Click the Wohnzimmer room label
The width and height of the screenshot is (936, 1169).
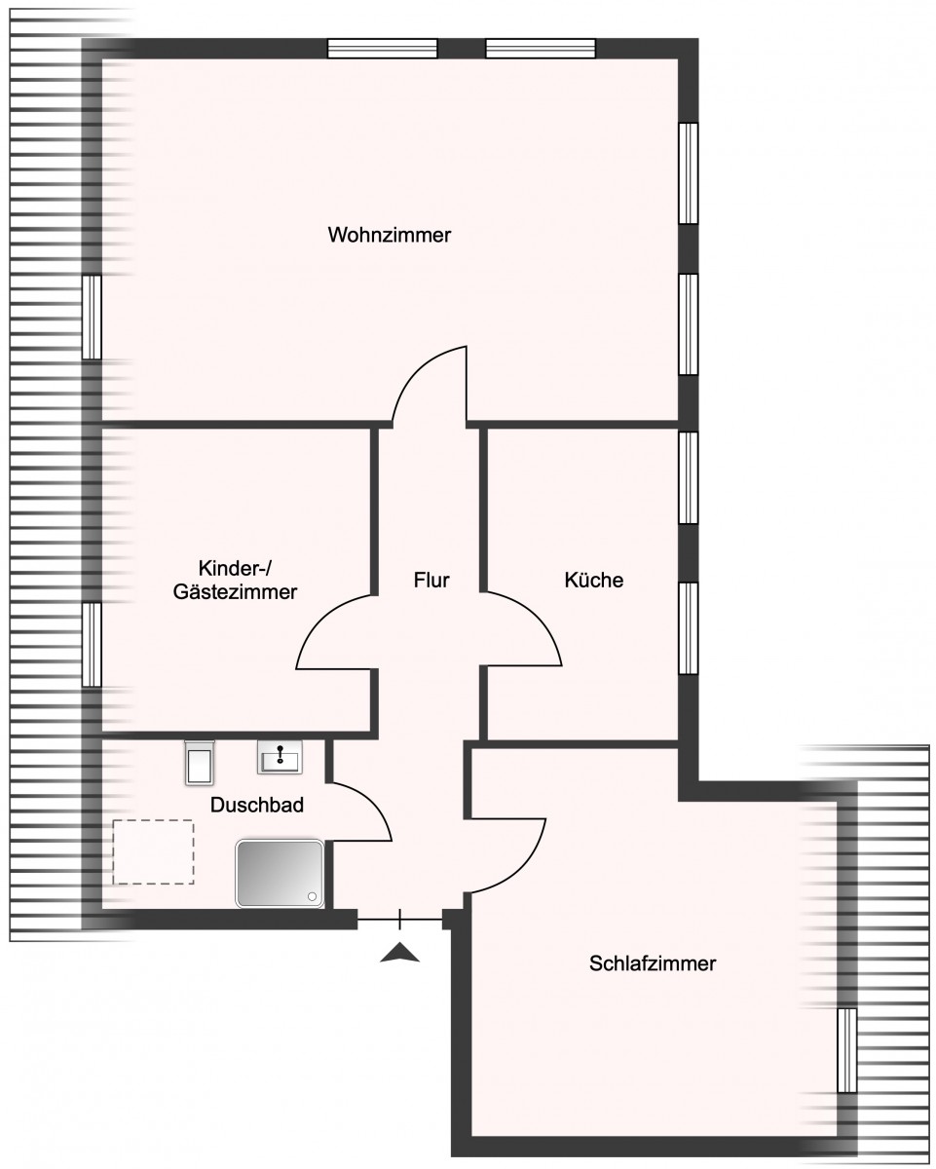(x=389, y=235)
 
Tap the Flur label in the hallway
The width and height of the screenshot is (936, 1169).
(x=431, y=581)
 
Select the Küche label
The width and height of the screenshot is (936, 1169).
(x=594, y=580)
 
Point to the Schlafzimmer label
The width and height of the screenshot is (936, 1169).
(x=653, y=963)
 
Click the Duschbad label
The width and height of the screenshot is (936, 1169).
(x=256, y=805)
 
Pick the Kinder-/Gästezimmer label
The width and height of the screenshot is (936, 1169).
(x=235, y=581)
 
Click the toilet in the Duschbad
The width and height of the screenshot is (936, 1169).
(x=200, y=762)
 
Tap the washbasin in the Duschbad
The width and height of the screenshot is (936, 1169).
(x=280, y=757)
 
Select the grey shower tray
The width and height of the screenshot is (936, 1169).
(x=280, y=874)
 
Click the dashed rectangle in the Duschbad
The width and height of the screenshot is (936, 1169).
(x=153, y=851)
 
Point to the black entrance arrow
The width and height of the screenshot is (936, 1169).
(x=399, y=954)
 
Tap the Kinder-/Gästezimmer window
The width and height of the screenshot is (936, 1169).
(x=92, y=644)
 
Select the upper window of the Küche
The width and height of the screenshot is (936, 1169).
(x=689, y=477)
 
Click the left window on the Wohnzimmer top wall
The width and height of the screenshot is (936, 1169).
(x=383, y=49)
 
